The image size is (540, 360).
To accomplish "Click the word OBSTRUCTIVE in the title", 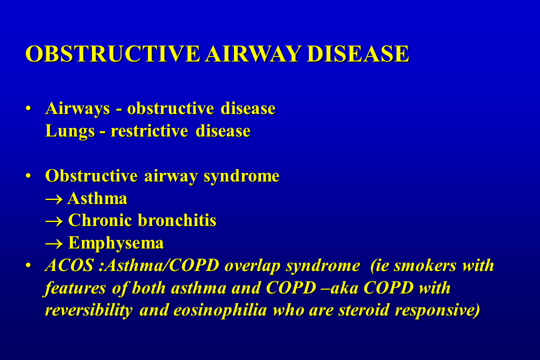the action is coord(112,53).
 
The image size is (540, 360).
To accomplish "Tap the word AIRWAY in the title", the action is coord(253,53).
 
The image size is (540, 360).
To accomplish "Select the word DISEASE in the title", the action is coord(358,53).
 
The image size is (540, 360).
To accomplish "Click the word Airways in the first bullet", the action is coord(77,109).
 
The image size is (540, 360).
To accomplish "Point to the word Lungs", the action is coord(70,131).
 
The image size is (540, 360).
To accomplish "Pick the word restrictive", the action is coord(149,131).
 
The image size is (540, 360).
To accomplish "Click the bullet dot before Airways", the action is coord(28,109).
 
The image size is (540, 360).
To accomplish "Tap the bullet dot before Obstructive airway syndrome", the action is coord(28,176).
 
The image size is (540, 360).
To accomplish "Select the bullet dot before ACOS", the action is coord(28,265).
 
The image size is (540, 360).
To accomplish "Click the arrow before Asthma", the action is coord(54,199).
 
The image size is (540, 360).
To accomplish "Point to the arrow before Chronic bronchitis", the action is coord(54,221).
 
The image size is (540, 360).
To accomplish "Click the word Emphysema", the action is coord(115,243).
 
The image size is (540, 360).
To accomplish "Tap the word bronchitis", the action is coord(177,220).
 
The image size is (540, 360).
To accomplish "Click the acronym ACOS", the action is coord(69,265).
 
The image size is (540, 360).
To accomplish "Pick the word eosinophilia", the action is coord(220,310).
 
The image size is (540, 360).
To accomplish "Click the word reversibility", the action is coord(89,310).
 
